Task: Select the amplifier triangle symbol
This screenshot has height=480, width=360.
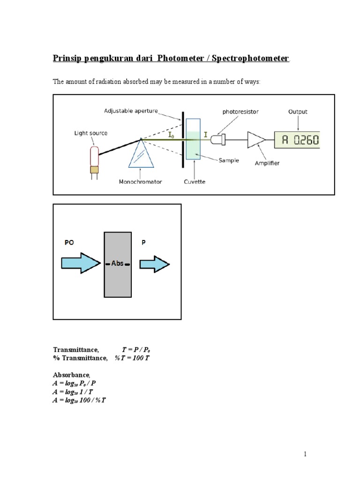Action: click(x=255, y=139)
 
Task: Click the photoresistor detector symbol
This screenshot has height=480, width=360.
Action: click(x=218, y=139)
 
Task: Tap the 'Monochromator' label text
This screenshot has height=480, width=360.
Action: click(x=141, y=181)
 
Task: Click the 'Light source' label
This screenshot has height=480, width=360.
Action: click(x=91, y=133)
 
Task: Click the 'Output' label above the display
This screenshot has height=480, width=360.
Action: click(x=298, y=112)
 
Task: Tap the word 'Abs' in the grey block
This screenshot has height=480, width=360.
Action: click(x=117, y=263)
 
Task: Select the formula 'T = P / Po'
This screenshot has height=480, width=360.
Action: click(x=138, y=350)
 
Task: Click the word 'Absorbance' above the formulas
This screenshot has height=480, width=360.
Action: click(x=70, y=375)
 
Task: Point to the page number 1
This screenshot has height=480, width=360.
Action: click(x=305, y=454)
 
